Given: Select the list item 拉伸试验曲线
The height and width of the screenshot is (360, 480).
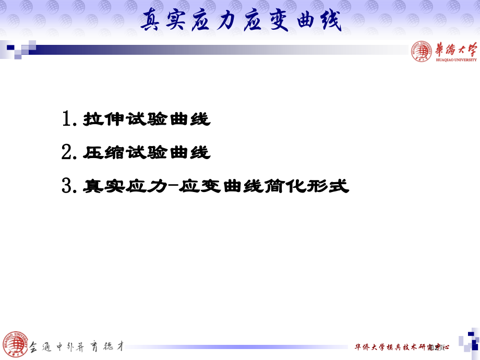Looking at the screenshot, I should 147,120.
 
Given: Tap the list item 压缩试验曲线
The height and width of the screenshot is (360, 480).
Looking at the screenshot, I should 147,153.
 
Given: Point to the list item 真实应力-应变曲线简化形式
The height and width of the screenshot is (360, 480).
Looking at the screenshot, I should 215,186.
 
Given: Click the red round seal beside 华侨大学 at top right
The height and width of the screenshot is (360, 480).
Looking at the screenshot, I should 422,51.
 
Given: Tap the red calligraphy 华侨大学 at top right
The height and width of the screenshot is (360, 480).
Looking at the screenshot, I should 455,50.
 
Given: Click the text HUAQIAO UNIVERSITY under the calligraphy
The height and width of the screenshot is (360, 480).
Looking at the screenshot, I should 455,60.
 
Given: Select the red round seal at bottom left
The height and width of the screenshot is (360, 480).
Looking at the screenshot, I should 14,344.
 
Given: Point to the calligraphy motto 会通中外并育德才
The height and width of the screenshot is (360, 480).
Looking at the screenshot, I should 76,346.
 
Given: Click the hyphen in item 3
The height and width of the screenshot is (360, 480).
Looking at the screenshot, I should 172,186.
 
